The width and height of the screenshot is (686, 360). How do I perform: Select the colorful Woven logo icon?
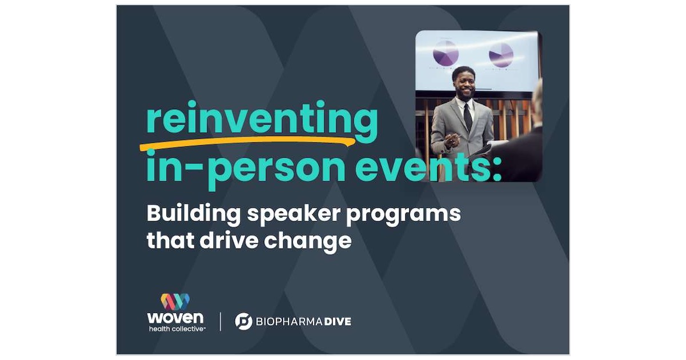pyautogui.click(x=175, y=301)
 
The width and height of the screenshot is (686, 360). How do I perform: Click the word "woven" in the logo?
pyautogui.click(x=175, y=317)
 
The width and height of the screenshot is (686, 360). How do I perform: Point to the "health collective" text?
pyautogui.click(x=176, y=329)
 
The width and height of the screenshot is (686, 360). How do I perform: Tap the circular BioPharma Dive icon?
pyautogui.click(x=244, y=321)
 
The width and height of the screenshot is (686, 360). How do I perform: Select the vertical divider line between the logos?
pyautogui.click(x=221, y=321)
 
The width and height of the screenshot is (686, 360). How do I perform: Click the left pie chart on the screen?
pyautogui.click(x=445, y=53)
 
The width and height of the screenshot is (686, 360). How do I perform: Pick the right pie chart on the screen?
pyautogui.click(x=501, y=55)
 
